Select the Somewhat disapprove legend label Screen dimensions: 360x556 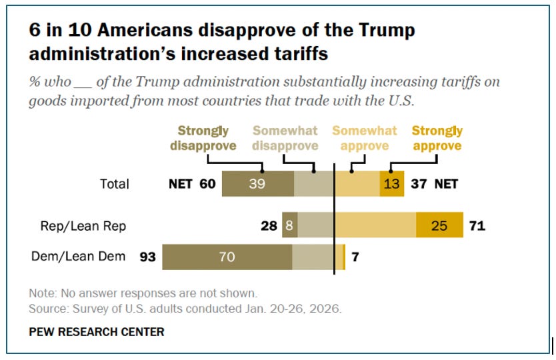pos(287,138)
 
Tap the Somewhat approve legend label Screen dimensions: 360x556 pos(365,138)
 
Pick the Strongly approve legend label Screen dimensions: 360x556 pos(437,138)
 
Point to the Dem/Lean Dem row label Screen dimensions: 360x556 pos(78,256)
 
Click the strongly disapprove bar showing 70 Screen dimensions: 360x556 pos(227,257)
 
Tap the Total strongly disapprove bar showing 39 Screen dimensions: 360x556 pos(257,184)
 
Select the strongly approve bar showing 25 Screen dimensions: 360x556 pos(439,227)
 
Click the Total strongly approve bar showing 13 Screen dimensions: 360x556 pos(393,184)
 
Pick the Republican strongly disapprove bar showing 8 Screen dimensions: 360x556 pos(290,227)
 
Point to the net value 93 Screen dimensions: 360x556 pos(148,257)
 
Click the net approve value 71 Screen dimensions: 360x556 pos(477,227)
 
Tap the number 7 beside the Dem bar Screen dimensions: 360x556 pos(355,257)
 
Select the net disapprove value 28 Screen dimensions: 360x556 pos(269,227)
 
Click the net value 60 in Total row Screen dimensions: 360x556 pos(207,184)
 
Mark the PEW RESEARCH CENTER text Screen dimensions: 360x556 pos(96,331)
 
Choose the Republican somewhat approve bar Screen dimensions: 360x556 pos(375,227)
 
